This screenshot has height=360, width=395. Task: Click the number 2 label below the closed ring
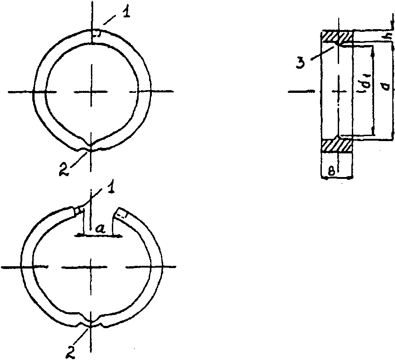pyautogui.click(x=64, y=169)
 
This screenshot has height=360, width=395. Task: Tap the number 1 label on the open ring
pyautogui.click(x=110, y=187)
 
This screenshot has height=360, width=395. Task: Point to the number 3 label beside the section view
pyautogui.click(x=300, y=61)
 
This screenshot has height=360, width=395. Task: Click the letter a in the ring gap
pyautogui.click(x=100, y=228)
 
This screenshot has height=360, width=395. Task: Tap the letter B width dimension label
pyautogui.click(x=332, y=172)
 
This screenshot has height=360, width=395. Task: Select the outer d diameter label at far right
pyautogui.click(x=385, y=87)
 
